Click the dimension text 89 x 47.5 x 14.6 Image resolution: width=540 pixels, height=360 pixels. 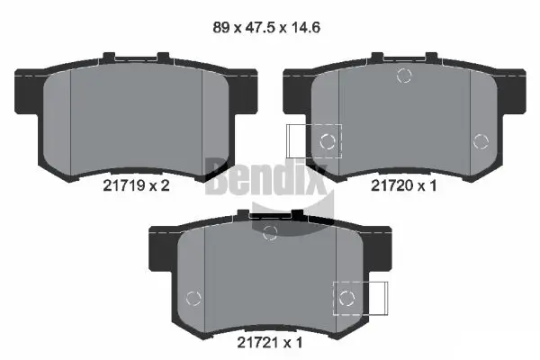point(266,28)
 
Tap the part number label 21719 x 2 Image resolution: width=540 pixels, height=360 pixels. point(137,185)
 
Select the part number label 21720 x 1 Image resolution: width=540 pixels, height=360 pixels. point(403,185)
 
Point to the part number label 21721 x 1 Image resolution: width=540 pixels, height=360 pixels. point(270,342)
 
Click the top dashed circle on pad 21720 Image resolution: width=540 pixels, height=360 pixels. point(404,76)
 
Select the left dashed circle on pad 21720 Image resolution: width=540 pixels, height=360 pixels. point(328,141)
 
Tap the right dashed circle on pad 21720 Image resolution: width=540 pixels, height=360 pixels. point(481,141)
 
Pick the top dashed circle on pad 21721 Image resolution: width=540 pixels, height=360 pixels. point(270,233)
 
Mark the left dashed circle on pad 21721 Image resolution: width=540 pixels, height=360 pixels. point(193,298)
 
